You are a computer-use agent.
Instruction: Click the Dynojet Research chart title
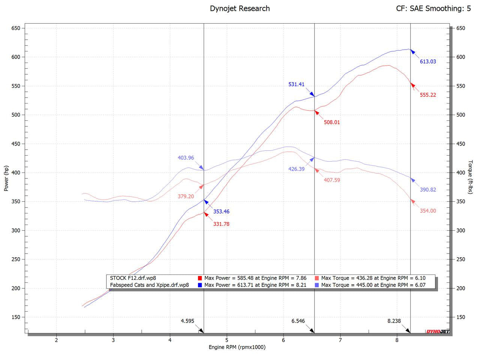[240, 8]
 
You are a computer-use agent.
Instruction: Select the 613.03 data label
[428, 61]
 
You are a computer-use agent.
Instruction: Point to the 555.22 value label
[428, 95]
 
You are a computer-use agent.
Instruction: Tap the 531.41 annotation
[296, 84]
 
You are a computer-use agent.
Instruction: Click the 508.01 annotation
[332, 122]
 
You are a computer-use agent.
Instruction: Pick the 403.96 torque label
[186, 158]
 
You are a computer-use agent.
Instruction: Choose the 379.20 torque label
[186, 196]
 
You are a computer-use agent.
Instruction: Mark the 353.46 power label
[221, 211]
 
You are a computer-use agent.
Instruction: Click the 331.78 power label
[221, 224]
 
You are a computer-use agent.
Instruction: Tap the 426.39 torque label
[296, 169]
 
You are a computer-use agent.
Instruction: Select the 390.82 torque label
[428, 190]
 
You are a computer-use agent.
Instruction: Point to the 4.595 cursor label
[187, 321]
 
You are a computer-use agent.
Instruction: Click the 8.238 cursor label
[394, 321]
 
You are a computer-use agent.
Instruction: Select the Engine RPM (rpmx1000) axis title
[237, 347]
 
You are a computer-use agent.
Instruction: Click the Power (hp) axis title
[6, 178]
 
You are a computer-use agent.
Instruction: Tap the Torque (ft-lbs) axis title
[471, 177]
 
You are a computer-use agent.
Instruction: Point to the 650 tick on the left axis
[15, 28]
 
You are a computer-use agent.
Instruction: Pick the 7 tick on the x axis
[340, 340]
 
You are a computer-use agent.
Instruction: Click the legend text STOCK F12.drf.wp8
[133, 278]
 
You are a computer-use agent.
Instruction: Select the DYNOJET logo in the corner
[437, 331]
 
